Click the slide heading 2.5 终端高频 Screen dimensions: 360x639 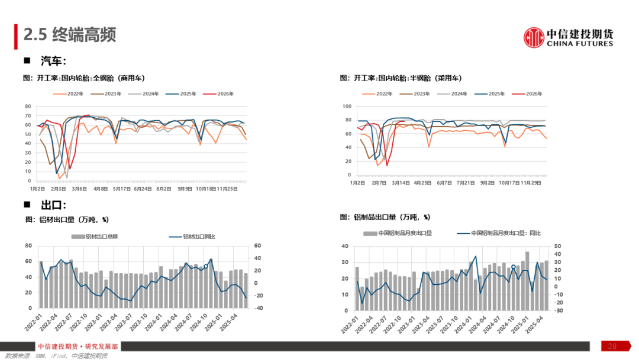click(70, 34)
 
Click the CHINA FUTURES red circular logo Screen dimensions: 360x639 click(534, 37)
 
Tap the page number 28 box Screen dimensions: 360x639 click(612, 346)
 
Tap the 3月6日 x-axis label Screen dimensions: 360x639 click(80, 189)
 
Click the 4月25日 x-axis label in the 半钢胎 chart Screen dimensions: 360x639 click(422, 183)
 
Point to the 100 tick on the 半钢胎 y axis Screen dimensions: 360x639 click(348, 106)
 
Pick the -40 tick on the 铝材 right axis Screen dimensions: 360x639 click(258, 308)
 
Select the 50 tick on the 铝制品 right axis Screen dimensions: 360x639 click(557, 246)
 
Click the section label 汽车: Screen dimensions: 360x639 click(53, 60)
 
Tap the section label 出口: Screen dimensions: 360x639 click(53, 205)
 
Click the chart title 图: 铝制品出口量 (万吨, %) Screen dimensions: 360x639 click(385, 217)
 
